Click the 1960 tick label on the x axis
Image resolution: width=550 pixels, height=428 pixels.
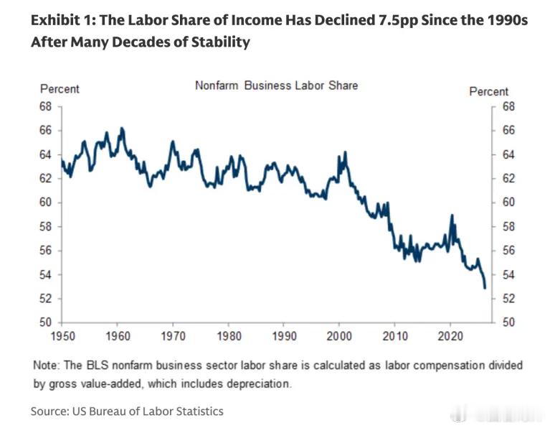pyautogui.click(x=118, y=336)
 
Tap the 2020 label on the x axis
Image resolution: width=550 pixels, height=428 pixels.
pyautogui.click(x=450, y=336)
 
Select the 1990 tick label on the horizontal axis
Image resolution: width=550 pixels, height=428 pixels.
pyautogui.click(x=284, y=336)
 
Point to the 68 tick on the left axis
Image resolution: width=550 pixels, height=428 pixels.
pyautogui.click(x=46, y=106)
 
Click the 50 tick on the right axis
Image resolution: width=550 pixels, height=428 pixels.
pyautogui.click(x=508, y=322)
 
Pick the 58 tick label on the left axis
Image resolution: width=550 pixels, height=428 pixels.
pyautogui.click(x=46, y=227)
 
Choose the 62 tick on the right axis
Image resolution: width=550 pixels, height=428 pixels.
pyautogui.click(x=508, y=179)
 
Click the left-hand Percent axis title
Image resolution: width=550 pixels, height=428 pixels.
pyautogui.click(x=60, y=89)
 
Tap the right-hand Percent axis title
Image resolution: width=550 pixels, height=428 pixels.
pyautogui.click(x=488, y=92)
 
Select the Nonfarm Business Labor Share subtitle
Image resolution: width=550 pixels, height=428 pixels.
pyautogui.click(x=276, y=85)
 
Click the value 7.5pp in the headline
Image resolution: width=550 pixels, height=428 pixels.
pyautogui.click(x=398, y=20)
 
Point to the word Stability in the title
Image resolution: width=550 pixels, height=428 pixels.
pyautogui.click(x=221, y=42)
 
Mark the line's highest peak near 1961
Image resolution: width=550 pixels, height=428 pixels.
pyautogui.click(x=122, y=129)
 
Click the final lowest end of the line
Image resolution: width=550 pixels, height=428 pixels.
pyautogui.click(x=485, y=288)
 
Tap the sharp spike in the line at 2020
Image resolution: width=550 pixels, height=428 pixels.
pyautogui.click(x=452, y=215)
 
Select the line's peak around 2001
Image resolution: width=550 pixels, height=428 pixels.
pyautogui.click(x=346, y=152)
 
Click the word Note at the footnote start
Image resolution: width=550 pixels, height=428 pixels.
pyautogui.click(x=46, y=365)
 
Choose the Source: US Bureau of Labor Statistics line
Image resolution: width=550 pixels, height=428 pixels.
pyautogui.click(x=127, y=411)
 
